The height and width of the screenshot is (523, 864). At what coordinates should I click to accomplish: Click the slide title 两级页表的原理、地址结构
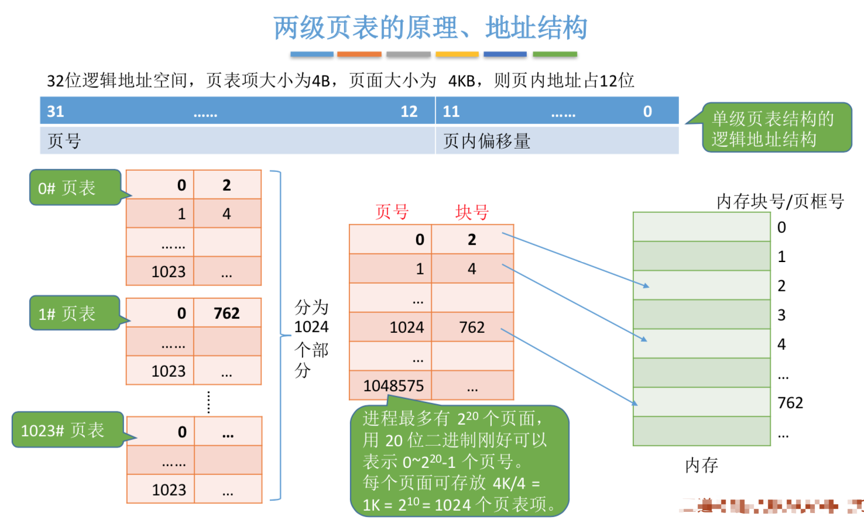pyautogui.click(x=430, y=27)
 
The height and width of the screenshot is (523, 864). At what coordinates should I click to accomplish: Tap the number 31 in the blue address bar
pyautogui.click(x=56, y=111)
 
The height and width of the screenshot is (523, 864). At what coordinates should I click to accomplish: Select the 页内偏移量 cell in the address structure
pyautogui.click(x=487, y=141)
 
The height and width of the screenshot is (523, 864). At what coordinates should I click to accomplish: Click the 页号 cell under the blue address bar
pyautogui.click(x=64, y=141)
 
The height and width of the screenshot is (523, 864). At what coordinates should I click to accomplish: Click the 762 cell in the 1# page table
pyautogui.click(x=227, y=314)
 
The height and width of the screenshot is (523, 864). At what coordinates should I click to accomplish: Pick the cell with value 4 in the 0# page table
pyautogui.click(x=227, y=214)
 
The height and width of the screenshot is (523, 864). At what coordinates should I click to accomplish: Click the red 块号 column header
pyautogui.click(x=472, y=212)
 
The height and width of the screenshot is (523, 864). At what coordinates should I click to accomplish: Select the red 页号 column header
pyautogui.click(x=392, y=212)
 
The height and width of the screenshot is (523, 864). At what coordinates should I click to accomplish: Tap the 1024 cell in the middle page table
pyautogui.click(x=406, y=327)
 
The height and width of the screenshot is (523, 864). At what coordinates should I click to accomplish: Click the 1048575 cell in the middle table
pyautogui.click(x=393, y=386)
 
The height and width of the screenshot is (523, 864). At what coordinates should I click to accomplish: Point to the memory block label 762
pyautogui.click(x=790, y=402)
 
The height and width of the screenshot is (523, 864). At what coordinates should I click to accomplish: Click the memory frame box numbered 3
pyautogui.click(x=701, y=315)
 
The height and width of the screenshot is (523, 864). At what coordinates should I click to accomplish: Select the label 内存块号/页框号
pyautogui.click(x=780, y=201)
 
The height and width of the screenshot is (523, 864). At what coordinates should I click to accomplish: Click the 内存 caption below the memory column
pyautogui.click(x=701, y=465)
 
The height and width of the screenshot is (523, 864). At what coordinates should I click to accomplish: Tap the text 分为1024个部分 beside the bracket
pyautogui.click(x=311, y=338)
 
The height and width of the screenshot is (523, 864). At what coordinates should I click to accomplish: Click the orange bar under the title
pyautogui.click(x=359, y=54)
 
